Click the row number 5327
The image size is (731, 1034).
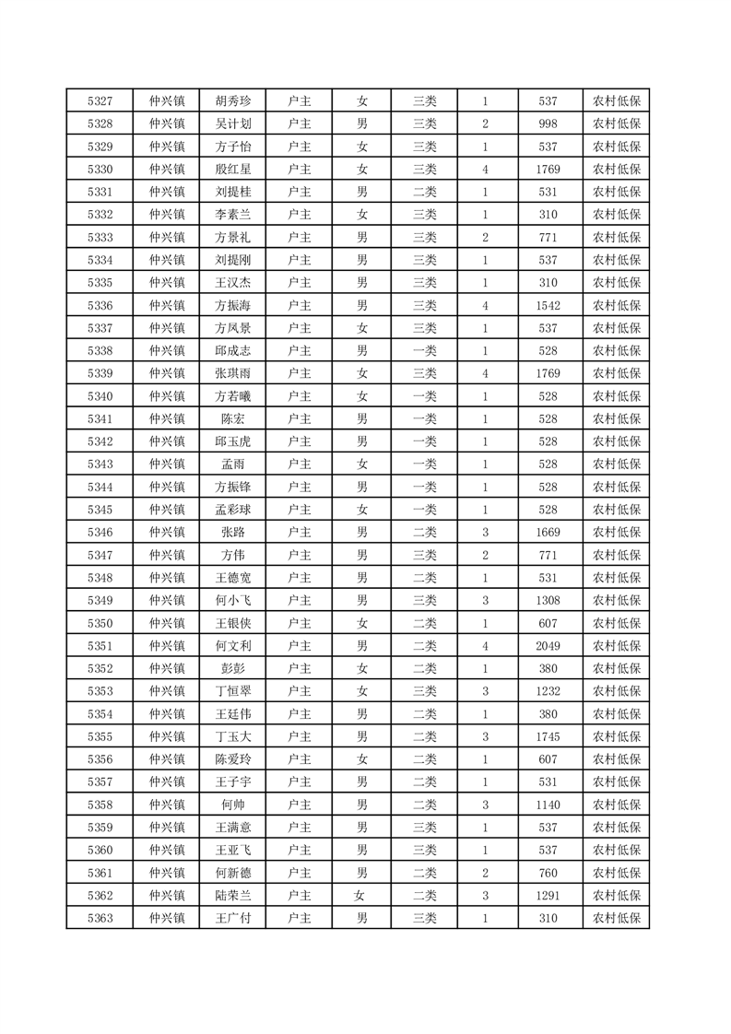pyautogui.click(x=100, y=101)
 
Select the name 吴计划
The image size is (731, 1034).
pyautogui.click(x=232, y=123)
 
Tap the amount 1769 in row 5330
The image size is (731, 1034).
pyautogui.click(x=548, y=170)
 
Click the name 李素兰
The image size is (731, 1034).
pyautogui.click(x=232, y=215)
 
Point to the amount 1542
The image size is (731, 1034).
pyautogui.click(x=548, y=305)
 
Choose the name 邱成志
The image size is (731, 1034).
pyautogui.click(x=232, y=350)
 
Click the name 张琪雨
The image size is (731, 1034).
pyautogui.click(x=232, y=373)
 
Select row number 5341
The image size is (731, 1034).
pyautogui.click(x=100, y=418)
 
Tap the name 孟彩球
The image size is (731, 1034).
pyautogui.click(x=232, y=510)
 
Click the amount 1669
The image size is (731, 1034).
pyautogui.click(x=548, y=532)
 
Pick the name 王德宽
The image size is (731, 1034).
pyautogui.click(x=232, y=578)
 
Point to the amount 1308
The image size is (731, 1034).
pyautogui.click(x=548, y=600)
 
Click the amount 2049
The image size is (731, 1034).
pyautogui.click(x=548, y=645)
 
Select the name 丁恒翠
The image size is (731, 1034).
pyautogui.click(x=232, y=691)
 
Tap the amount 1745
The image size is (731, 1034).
pyautogui.click(x=548, y=736)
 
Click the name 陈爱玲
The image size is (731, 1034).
pyautogui.click(x=232, y=759)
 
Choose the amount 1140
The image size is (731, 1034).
pyautogui.click(x=548, y=805)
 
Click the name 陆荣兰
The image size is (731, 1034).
pyautogui.click(x=232, y=895)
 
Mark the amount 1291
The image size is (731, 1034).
pyautogui.click(x=548, y=895)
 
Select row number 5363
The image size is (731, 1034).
pyautogui.click(x=100, y=918)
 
